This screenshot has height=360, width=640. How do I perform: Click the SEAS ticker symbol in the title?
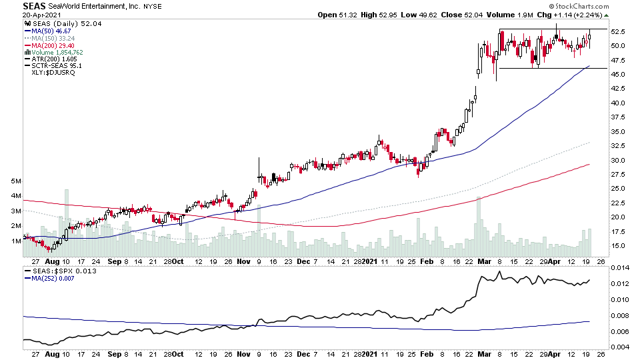coord(34,6)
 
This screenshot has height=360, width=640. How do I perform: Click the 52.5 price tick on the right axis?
coord(619,32)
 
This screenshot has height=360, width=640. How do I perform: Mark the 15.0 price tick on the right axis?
coord(619,246)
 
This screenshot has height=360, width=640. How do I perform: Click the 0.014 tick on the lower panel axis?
coord(620,267)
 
